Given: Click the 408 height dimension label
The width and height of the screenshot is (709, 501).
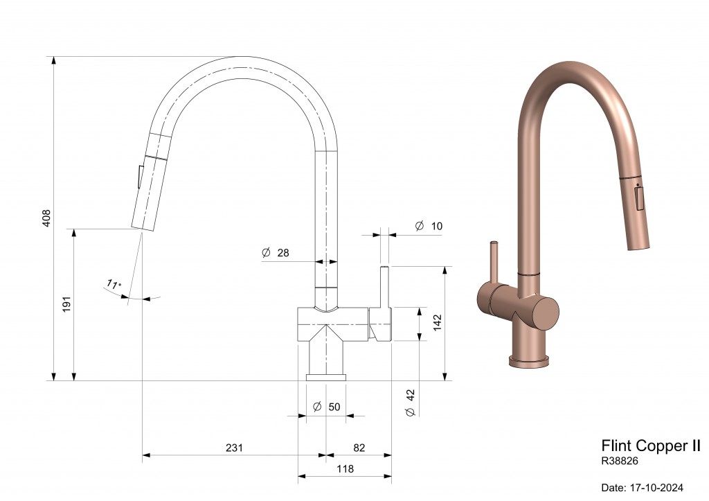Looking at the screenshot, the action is pos(46,218).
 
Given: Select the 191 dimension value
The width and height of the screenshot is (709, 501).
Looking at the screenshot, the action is pos(67,304).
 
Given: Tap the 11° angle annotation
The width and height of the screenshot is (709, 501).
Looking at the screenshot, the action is pos(114,284).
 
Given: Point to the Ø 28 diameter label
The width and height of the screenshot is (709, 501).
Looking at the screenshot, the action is pos(276,252).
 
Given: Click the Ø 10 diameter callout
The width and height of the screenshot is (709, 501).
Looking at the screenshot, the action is pos(429,226).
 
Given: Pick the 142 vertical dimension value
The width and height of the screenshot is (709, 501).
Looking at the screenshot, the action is pos(438,323).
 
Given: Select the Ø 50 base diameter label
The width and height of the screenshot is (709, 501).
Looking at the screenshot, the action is pos(327,407).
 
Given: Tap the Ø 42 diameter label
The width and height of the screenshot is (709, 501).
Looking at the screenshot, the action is pos(411,403).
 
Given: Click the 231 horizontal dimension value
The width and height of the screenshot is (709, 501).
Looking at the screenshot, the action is pos(234,448).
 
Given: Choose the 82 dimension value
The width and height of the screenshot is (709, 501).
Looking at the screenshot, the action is pos(359,448).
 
